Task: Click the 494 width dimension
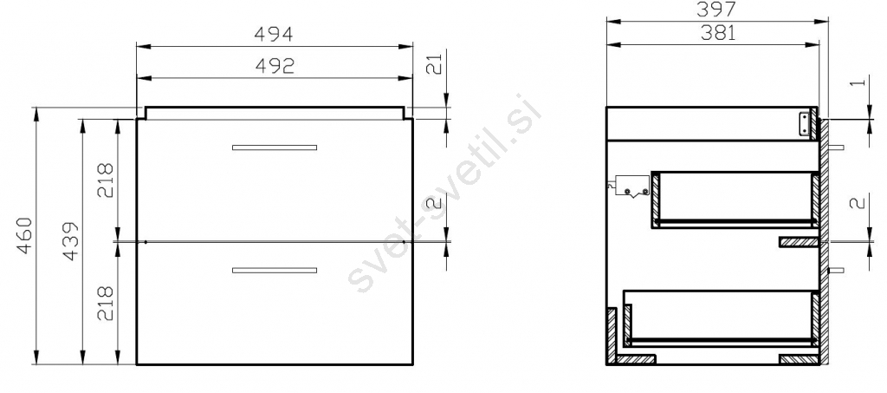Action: pyautogui.click(x=273, y=35)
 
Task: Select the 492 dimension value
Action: pyautogui.click(x=275, y=66)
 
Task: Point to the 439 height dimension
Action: pyautogui.click(x=70, y=240)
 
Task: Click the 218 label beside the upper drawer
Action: pyautogui.click(x=105, y=180)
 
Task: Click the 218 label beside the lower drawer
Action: pyautogui.click(x=105, y=303)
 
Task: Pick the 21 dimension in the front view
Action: pyautogui.click(x=433, y=66)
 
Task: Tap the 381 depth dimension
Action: pyautogui.click(x=718, y=34)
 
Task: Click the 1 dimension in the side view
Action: pyautogui.click(x=858, y=82)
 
